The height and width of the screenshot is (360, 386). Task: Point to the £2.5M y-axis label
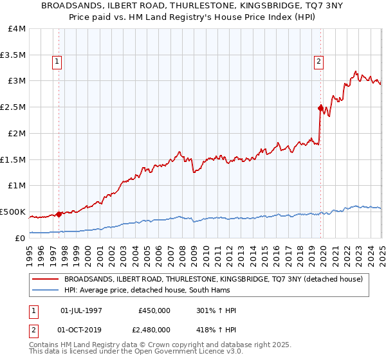point(13,107)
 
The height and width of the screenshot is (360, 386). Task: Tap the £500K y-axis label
point(13,212)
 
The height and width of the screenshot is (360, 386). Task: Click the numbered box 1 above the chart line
point(57,62)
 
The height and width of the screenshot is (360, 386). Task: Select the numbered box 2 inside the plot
point(318,62)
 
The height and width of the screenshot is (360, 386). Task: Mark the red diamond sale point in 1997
point(59,214)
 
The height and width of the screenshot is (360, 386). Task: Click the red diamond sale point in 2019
point(320,108)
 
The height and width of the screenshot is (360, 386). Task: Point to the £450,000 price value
point(154,311)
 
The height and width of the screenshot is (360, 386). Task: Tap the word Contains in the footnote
point(44,346)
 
